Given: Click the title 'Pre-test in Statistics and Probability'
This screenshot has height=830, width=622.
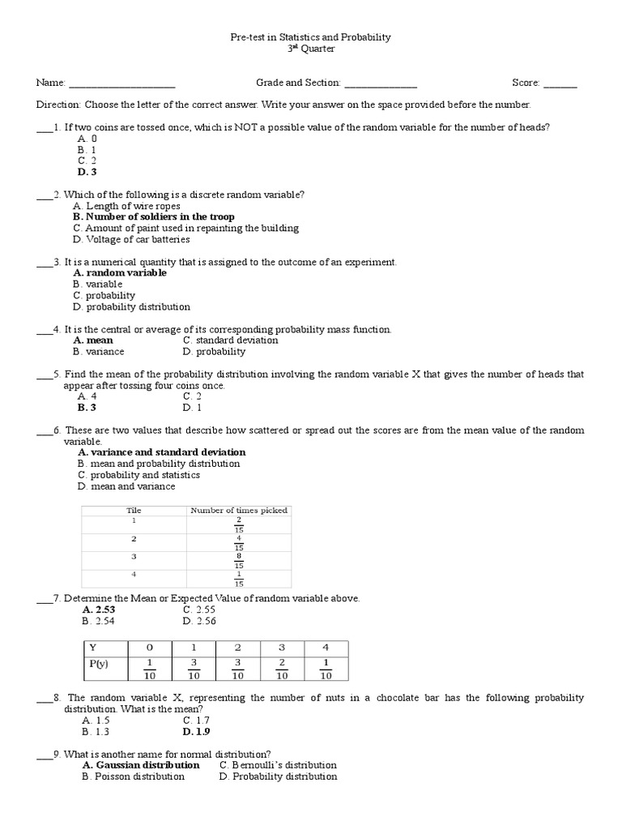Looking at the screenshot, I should (x=311, y=37).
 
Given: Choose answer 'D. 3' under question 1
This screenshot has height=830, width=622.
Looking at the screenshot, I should (x=87, y=172).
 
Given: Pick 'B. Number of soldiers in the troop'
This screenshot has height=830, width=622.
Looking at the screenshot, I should (x=153, y=217).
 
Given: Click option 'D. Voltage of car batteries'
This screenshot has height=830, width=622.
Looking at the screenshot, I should (x=131, y=240).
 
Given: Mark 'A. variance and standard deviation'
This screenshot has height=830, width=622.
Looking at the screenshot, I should (x=161, y=452).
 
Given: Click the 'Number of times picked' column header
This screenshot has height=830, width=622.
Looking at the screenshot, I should (x=239, y=511).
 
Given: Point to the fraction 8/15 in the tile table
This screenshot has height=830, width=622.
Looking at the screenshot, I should (x=239, y=560).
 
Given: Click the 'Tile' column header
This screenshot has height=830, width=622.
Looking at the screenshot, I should (x=134, y=511).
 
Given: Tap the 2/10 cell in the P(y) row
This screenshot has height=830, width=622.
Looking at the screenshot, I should (x=282, y=670).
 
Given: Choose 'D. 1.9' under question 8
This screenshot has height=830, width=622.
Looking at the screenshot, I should (x=196, y=731).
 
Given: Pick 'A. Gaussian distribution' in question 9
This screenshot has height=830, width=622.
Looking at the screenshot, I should (x=141, y=765).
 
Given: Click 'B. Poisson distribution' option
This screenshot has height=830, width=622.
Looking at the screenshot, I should (x=133, y=777).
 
